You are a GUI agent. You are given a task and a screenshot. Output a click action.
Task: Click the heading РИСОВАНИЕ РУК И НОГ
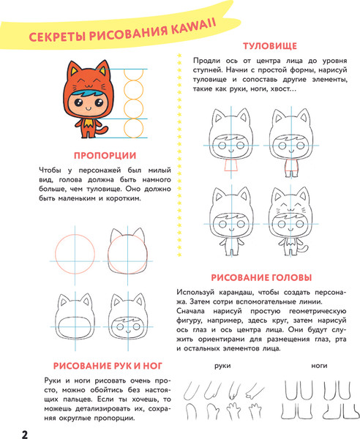108,365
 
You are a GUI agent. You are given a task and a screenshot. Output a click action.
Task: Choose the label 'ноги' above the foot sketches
318,366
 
